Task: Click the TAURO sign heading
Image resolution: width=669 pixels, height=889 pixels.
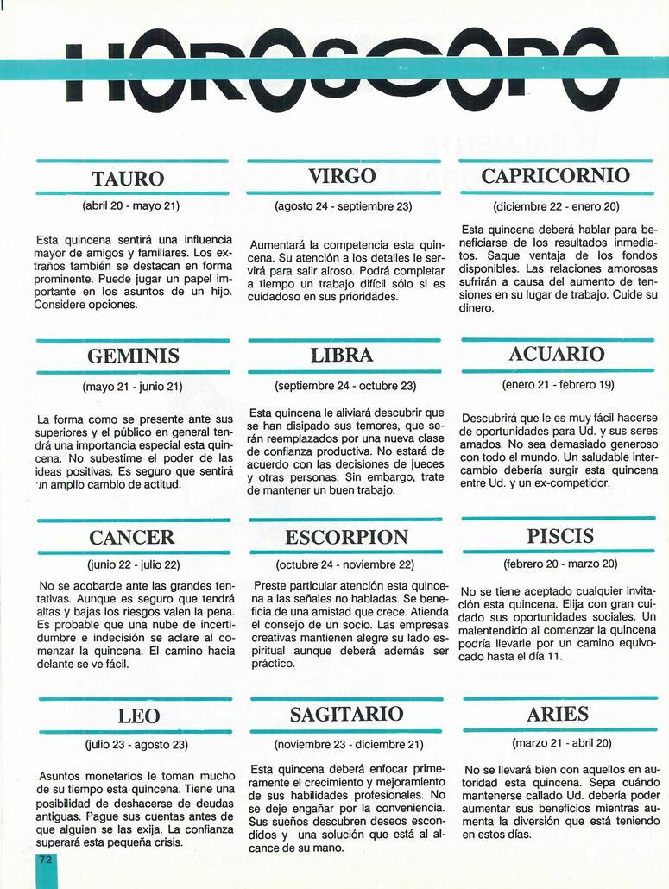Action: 128,179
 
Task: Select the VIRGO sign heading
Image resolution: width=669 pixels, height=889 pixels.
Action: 342,176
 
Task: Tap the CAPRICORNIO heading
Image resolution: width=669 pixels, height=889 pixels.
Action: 555,176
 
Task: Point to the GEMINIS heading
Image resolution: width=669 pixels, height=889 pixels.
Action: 134,356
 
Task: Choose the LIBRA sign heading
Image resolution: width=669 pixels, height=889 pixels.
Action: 342,356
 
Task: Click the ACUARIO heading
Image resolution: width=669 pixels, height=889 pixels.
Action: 557,354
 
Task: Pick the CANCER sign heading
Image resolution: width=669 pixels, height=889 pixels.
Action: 132,538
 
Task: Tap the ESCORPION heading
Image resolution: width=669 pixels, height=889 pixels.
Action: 346,538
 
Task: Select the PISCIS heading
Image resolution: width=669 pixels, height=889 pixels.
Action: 560,536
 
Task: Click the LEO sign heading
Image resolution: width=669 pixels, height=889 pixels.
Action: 139,716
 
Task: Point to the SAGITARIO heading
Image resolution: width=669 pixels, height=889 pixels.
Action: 346,714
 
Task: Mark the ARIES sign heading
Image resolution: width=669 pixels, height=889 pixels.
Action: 558,715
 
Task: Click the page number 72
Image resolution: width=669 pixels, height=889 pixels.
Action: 45,861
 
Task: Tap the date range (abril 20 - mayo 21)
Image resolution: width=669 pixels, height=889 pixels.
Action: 130,207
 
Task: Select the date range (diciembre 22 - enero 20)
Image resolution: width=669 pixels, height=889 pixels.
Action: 556,207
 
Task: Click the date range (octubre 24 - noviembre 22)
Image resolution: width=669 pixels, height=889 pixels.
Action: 345,565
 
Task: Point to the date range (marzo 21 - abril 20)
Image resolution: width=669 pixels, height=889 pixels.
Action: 561,743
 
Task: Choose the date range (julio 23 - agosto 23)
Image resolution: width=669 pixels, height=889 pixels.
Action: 136,744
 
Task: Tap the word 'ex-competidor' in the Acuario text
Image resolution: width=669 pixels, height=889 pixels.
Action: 569,482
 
